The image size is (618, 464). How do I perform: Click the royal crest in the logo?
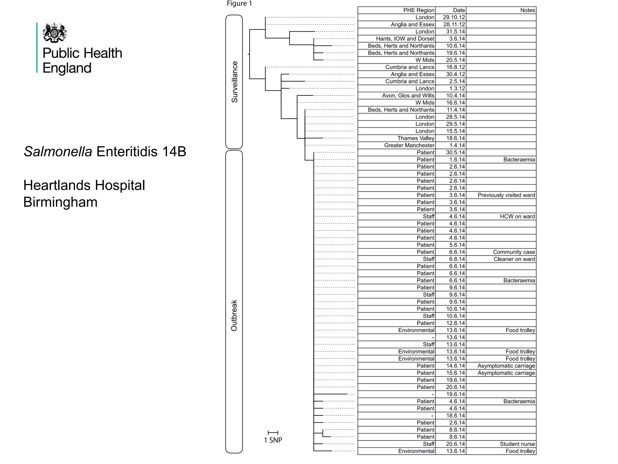point(55,32)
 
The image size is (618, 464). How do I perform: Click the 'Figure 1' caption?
point(239,4)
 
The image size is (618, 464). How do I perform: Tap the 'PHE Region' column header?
point(419,10)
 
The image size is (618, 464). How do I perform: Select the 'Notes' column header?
point(527,10)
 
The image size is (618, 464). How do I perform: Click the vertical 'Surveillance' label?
point(234,82)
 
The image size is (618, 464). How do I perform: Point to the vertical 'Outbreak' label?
point(234,315)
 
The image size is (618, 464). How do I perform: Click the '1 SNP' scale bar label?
point(273,440)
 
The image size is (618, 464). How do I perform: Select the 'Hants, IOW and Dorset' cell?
point(405,39)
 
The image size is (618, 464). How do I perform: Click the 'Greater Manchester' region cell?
point(409,145)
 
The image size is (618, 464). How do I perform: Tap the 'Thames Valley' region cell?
point(416,138)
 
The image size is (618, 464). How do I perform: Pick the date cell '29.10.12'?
point(454,18)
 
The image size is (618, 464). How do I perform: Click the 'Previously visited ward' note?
point(506,195)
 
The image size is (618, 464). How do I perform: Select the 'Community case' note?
point(514,252)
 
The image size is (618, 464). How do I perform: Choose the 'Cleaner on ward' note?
point(514,259)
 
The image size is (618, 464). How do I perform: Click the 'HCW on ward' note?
point(517,217)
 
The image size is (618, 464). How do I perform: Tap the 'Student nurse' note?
point(517,444)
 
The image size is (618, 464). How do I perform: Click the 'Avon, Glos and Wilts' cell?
point(408,96)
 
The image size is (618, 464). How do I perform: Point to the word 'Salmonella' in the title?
point(58,152)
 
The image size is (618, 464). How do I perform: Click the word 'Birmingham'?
point(60,202)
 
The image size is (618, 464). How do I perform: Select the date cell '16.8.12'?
point(455,67)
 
